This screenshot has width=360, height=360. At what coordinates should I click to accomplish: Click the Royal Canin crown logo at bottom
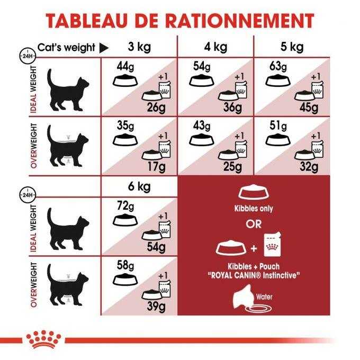(x=37, y=340)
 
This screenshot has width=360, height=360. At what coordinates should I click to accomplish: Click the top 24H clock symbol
(x=25, y=55)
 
